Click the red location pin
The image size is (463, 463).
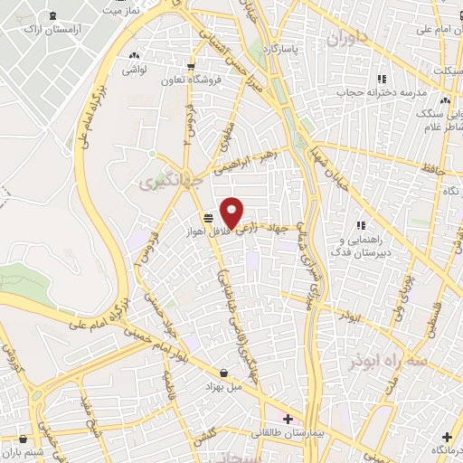click(232, 213)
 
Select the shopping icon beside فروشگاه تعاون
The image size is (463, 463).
click(190, 67)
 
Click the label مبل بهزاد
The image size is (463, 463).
click(223, 387)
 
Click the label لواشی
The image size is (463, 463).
click(136, 69)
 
